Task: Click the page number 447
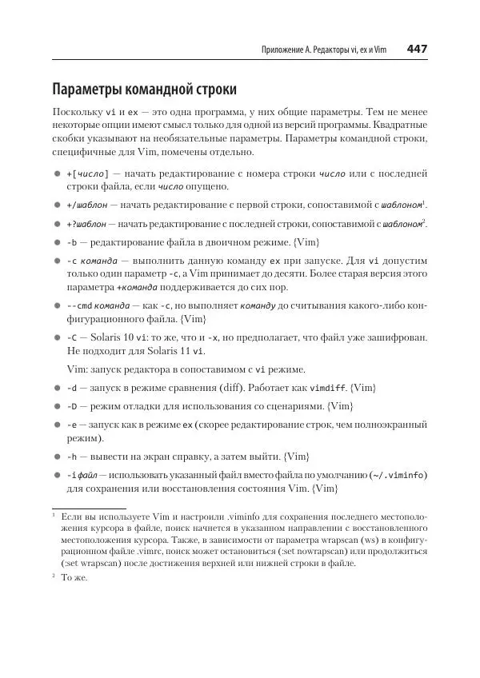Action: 416,50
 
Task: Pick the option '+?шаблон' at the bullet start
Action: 86,224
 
